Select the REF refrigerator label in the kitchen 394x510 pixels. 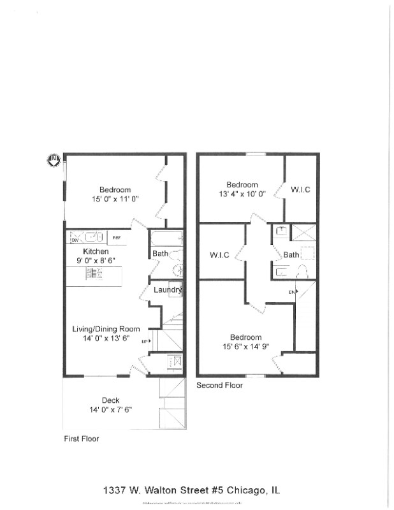click(117, 238)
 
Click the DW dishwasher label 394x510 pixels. click(75, 240)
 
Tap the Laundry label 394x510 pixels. click(168, 290)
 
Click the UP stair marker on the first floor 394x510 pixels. click(145, 341)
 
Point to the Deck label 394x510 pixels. click(110, 400)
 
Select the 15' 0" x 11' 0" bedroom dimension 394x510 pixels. click(115, 199)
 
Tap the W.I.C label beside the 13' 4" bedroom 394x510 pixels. click(300, 189)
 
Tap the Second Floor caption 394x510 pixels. click(219, 385)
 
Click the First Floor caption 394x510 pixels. click(81, 439)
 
